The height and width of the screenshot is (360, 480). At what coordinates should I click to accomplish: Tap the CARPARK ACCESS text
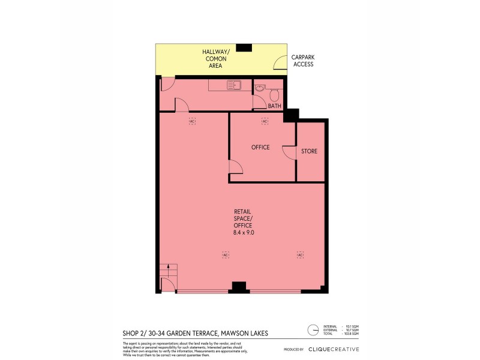point(303,61)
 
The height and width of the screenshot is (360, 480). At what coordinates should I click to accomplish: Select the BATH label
point(275,106)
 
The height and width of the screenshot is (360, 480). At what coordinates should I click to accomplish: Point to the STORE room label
point(309,151)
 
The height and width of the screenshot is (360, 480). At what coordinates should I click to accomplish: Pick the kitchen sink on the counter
point(234,85)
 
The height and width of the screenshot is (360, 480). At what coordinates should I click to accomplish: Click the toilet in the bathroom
point(275,94)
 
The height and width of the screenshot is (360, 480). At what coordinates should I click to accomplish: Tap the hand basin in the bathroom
point(259,88)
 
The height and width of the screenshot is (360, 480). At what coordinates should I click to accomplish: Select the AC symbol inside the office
point(265,122)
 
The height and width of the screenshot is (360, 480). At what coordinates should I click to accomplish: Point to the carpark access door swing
point(280,62)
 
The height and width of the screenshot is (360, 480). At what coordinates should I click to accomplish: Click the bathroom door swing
point(259,103)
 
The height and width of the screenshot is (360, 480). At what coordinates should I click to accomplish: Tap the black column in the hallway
point(244,47)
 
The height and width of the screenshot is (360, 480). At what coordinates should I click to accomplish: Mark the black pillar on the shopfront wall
point(239,287)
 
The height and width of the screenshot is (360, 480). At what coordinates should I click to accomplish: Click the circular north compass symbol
point(313,329)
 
